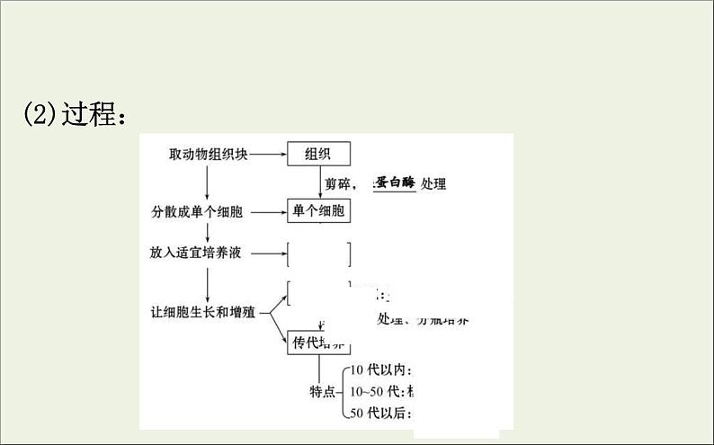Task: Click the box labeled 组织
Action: click(x=318, y=154)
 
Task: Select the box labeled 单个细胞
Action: click(x=318, y=212)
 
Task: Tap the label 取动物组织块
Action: click(x=208, y=154)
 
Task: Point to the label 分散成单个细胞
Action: click(x=197, y=213)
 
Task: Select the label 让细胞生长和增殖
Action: click(x=203, y=313)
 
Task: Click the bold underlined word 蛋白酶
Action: click(x=394, y=182)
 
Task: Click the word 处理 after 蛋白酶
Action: click(x=433, y=183)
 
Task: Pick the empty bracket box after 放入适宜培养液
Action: click(x=318, y=254)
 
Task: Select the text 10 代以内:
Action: click(x=381, y=370)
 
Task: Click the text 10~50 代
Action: click(x=378, y=391)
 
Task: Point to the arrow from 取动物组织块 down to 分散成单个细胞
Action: click(x=208, y=182)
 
